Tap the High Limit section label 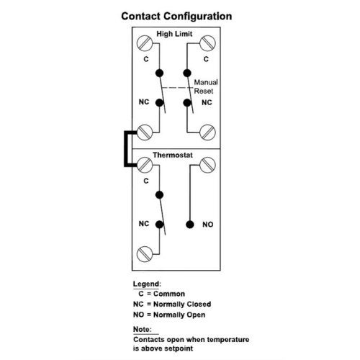tap(175, 34)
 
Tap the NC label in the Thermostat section tap(143, 224)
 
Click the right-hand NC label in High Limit tap(207, 103)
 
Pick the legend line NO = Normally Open tap(169, 315)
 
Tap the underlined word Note tap(143, 328)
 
